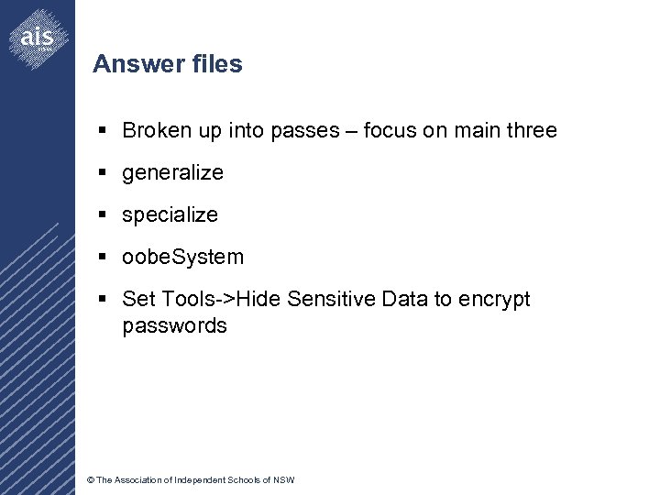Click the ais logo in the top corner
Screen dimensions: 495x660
tap(38, 37)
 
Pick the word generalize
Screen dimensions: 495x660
tap(172, 172)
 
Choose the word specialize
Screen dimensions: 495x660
tap(170, 214)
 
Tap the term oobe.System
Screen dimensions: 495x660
tap(182, 257)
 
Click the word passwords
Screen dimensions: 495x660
tap(174, 325)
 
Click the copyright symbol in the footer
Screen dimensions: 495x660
tap(89, 480)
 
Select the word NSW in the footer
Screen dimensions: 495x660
tap(285, 480)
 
